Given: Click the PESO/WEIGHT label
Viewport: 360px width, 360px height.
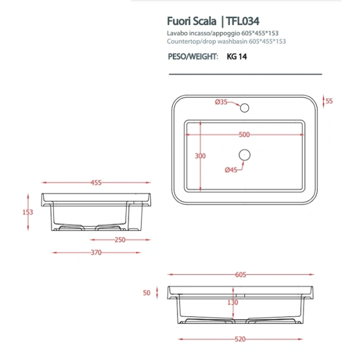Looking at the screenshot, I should coord(190,58).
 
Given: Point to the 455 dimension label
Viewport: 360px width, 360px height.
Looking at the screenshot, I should coord(95,182).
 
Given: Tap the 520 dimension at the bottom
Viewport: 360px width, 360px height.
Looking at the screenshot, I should coord(240,340).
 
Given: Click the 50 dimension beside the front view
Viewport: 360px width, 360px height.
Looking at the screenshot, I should coord(146,293).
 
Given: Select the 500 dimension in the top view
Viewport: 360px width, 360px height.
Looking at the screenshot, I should coord(244,134).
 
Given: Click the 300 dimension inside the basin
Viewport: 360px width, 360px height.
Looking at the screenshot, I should coord(200,156).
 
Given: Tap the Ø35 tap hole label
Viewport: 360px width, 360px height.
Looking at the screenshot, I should coord(221,102).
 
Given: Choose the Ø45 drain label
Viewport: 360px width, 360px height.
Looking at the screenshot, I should coord(232,170).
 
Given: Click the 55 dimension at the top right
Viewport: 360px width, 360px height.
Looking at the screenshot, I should coord(329,101).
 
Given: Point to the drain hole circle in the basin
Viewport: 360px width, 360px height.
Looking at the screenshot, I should coord(244,155).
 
